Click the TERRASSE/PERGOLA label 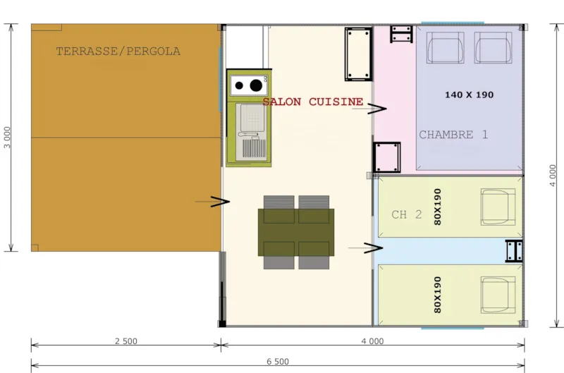click(118, 51)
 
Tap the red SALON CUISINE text click(312, 102)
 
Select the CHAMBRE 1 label click(453, 135)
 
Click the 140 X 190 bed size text click(470, 94)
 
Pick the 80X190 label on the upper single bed click(437, 207)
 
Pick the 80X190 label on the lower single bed click(437, 295)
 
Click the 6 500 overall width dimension click(278, 362)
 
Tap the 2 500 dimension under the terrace click(125, 341)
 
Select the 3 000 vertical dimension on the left click(7, 138)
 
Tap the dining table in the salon click(296, 232)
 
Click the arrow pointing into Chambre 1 click(375, 109)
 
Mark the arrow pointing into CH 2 click(372, 247)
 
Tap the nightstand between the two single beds click(514, 251)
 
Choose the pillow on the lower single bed click(498, 295)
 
